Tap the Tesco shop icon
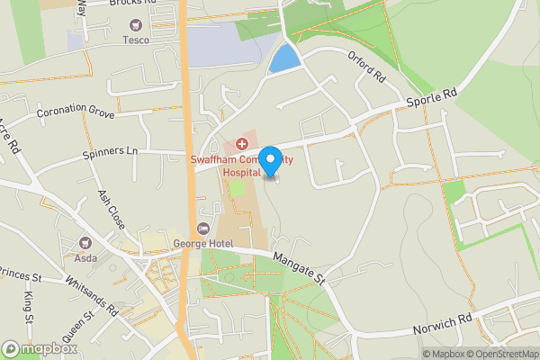click(136, 25)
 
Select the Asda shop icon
click(86, 242)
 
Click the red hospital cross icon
click(240, 144)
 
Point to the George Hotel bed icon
click(203, 230)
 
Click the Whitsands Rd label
click(91, 294)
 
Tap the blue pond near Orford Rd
click(284, 58)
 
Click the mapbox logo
click(39, 348)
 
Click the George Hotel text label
click(203, 245)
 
